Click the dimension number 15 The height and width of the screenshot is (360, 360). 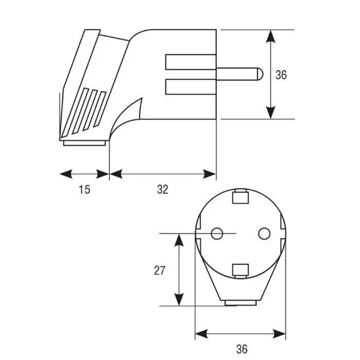(x=84, y=190)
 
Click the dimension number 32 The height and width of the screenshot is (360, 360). (x=163, y=190)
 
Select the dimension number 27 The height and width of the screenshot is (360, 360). (x=159, y=271)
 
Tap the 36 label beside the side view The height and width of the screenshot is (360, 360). (x=281, y=75)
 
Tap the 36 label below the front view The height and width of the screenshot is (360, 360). (x=242, y=349)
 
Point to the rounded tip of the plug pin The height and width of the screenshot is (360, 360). (x=261, y=74)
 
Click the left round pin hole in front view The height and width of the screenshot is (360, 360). (x=217, y=233)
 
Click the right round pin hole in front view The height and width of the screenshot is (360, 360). (x=264, y=233)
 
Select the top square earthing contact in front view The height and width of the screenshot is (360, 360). (x=241, y=197)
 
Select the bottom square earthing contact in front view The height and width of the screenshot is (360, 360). (x=241, y=271)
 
